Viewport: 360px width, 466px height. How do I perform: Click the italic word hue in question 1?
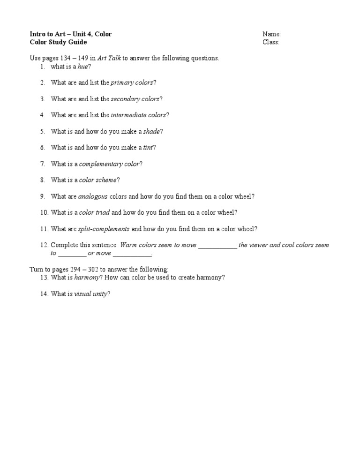coord(83,67)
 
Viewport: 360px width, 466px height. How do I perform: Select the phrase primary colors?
coord(132,83)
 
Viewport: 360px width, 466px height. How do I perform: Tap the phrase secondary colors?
coord(135,99)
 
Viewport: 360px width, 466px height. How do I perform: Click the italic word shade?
coord(151,131)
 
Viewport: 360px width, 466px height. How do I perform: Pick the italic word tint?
coord(148,148)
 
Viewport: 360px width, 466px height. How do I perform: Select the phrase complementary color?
coord(109,164)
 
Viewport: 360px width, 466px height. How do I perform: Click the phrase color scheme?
coord(98,180)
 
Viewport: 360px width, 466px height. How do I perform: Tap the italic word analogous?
coord(93,196)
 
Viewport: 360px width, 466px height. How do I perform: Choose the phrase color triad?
coord(95,212)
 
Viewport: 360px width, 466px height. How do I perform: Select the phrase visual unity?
coord(91,294)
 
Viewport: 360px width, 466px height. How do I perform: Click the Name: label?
coord(271,34)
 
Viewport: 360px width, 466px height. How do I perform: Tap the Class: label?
coord(271,42)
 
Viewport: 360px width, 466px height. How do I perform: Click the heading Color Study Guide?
coord(58,42)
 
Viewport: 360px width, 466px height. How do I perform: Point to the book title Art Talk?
coord(109,58)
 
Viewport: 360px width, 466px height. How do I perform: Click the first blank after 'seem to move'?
coord(217,245)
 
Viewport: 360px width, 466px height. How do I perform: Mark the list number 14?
coord(44,294)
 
